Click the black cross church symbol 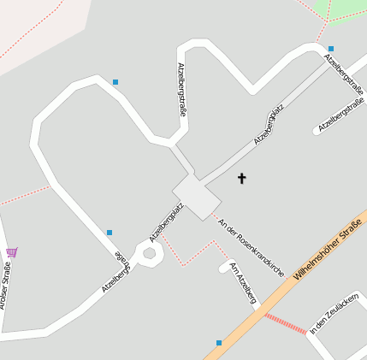point(241,178)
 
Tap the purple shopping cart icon point(11,252)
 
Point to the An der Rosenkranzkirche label point(251,247)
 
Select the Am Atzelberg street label point(243,282)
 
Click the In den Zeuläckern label point(334,316)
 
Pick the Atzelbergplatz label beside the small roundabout point(167,221)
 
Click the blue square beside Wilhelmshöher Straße point(219,343)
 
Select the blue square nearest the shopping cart point(110,233)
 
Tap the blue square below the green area point(331,49)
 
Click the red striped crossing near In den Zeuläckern point(285,323)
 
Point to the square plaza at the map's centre point(198,196)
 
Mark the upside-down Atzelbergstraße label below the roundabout point(118,272)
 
